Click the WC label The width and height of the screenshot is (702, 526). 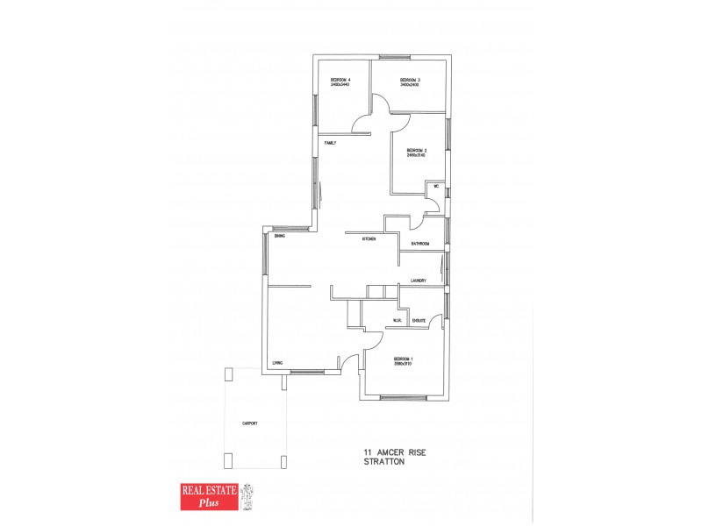(436, 187)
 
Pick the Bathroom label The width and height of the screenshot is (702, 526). (420, 244)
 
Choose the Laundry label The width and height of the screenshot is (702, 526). (418, 281)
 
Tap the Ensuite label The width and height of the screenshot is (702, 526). (419, 321)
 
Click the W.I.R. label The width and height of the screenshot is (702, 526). (397, 321)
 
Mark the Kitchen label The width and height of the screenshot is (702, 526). (370, 238)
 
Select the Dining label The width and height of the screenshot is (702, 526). (279, 237)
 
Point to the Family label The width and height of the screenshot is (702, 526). (330, 143)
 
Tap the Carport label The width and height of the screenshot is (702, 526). (250, 423)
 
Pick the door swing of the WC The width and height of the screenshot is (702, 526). (433, 203)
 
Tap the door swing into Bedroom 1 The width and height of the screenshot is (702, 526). (372, 342)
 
